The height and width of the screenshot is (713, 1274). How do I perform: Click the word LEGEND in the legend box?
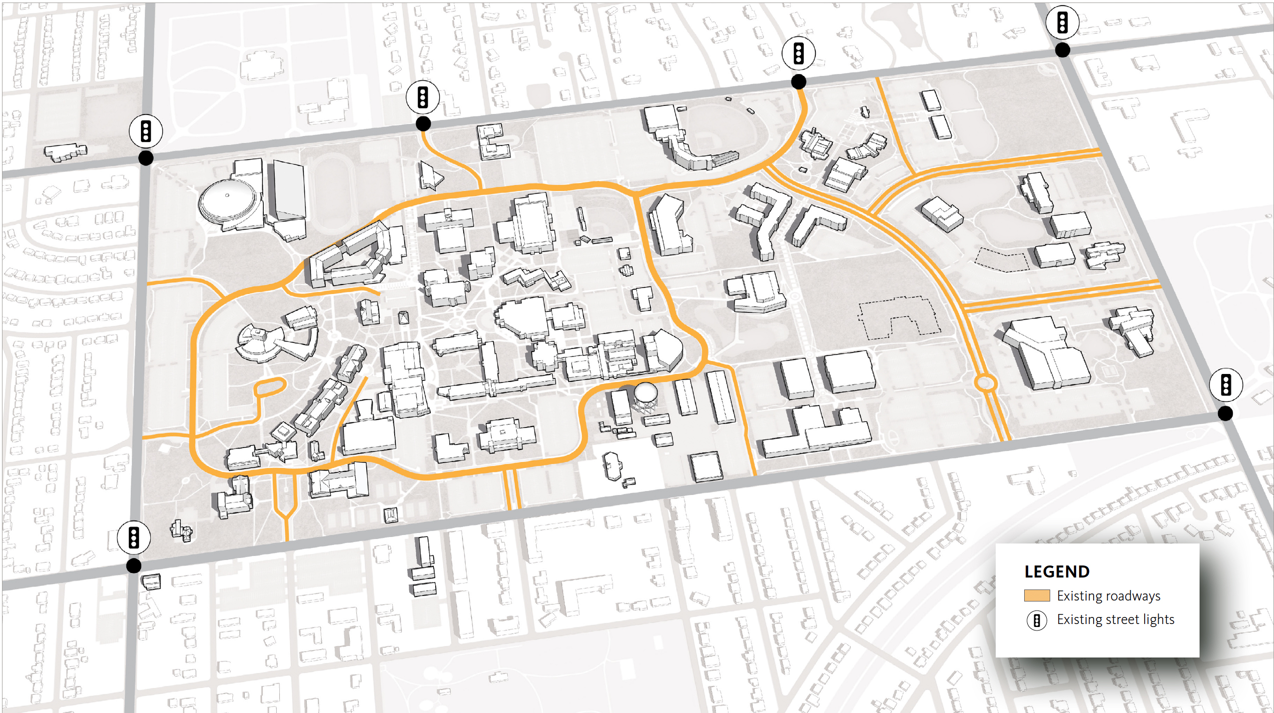(1056, 571)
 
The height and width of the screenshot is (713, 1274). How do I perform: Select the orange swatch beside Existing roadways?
(1036, 595)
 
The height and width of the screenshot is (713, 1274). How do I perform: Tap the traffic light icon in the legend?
(1036, 620)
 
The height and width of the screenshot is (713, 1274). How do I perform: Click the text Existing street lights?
(1115, 619)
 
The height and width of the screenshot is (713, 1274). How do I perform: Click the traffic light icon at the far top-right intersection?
(1062, 22)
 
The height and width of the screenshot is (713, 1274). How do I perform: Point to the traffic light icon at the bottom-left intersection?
(133, 537)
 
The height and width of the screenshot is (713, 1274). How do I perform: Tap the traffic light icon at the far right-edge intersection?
(1226, 385)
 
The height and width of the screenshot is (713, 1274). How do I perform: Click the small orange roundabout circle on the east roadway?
(985, 383)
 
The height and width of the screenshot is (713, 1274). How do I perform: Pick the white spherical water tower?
(645, 392)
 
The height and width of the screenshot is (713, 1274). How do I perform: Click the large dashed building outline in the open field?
(897, 317)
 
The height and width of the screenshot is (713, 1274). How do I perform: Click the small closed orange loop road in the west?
(269, 387)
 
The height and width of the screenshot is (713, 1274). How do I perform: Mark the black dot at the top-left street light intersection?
(145, 158)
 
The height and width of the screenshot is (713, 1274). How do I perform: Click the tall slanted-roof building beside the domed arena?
(289, 190)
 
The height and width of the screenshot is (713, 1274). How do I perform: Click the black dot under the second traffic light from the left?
(423, 124)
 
